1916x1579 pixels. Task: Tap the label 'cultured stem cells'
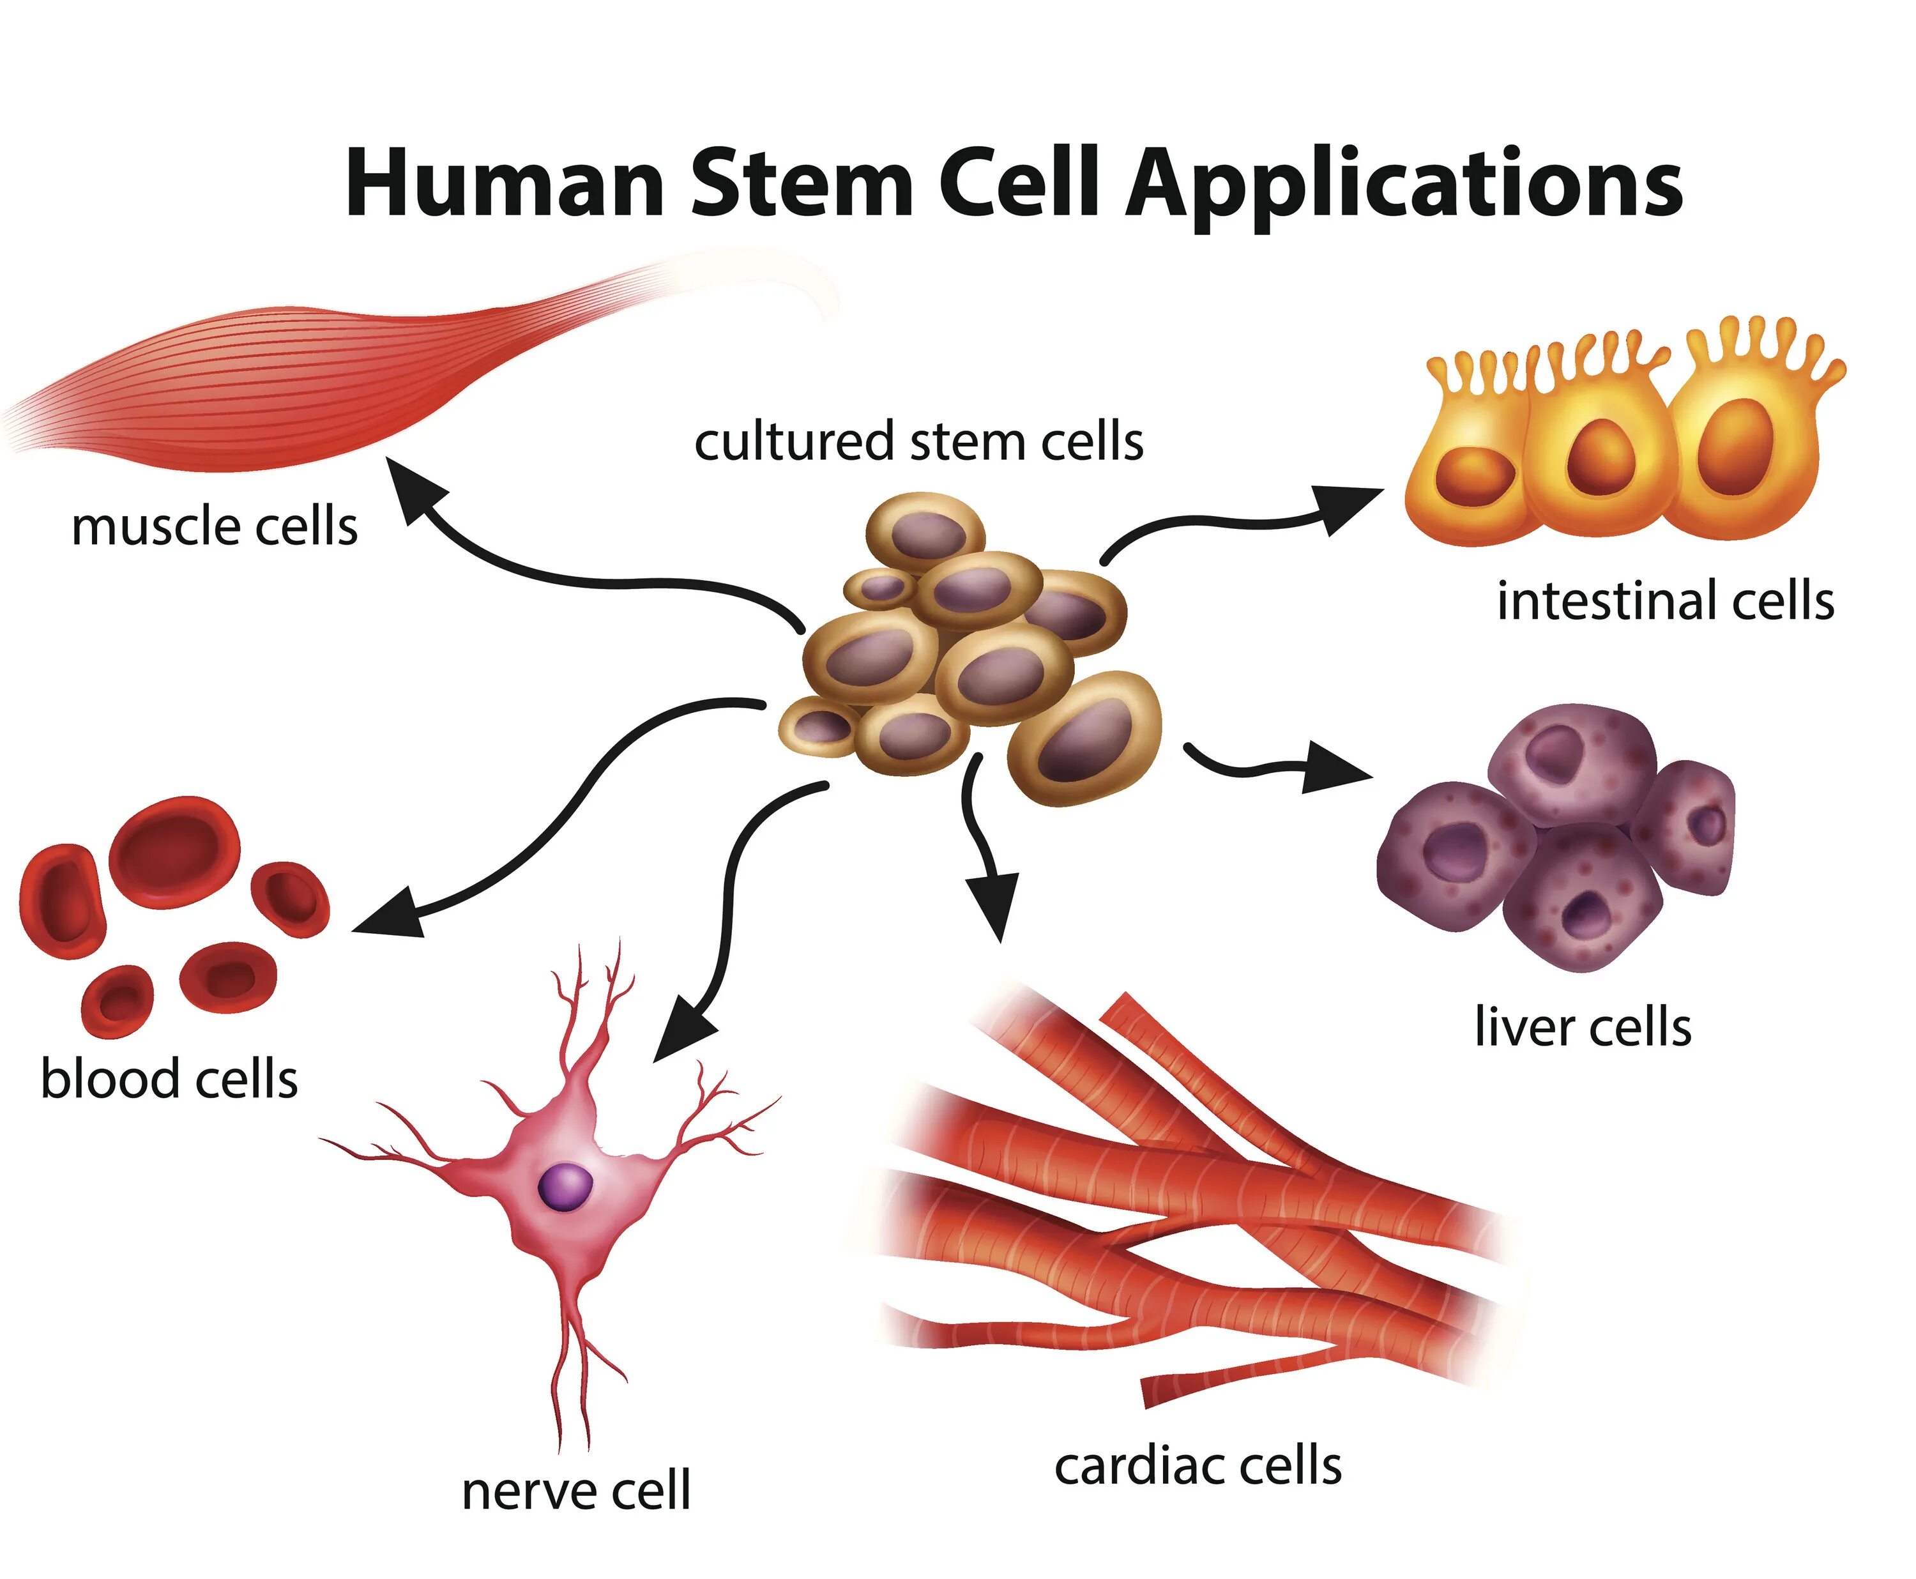click(918, 443)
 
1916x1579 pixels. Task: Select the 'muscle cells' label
click(215, 528)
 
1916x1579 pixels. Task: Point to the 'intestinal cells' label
click(1665, 602)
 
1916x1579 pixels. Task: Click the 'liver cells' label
click(1582, 1028)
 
